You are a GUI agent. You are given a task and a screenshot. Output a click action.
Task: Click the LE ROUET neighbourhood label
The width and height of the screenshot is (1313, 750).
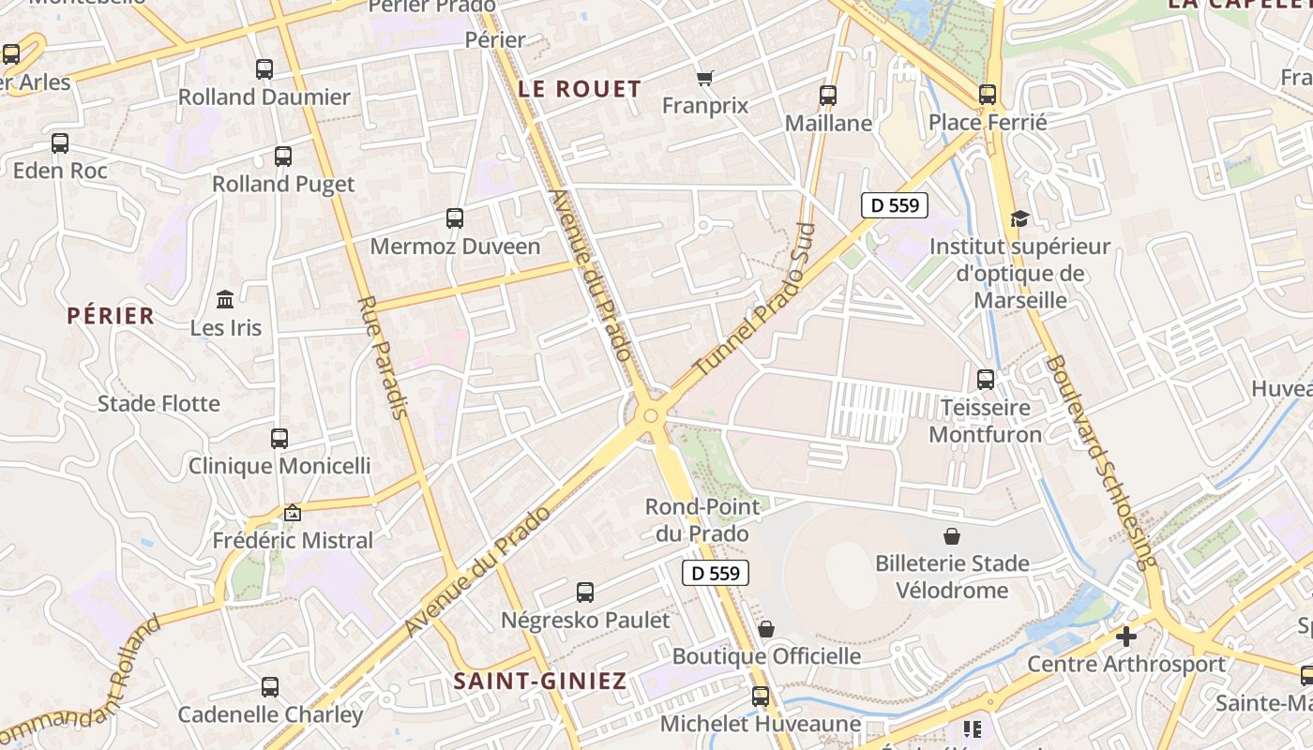tap(580, 89)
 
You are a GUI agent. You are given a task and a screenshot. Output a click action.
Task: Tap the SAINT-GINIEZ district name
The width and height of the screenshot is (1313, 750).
tap(540, 682)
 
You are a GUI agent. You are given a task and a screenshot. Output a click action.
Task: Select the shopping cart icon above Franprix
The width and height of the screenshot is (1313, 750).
tap(705, 78)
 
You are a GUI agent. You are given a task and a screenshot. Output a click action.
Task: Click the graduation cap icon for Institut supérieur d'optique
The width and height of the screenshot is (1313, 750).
tap(1019, 219)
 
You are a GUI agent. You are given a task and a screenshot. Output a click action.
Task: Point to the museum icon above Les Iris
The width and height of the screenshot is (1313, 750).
tap(225, 300)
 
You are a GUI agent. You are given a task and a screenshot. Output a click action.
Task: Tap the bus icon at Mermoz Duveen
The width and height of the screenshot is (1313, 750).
tap(455, 218)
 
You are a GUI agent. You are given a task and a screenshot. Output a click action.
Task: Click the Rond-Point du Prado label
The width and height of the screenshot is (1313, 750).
tap(696, 520)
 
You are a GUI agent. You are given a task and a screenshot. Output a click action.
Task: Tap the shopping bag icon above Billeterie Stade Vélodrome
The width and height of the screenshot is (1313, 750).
tap(952, 536)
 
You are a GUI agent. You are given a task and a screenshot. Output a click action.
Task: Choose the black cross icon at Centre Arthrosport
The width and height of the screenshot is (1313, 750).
tap(1125, 637)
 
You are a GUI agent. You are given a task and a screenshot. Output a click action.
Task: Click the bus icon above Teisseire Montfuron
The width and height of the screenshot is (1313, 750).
tap(986, 380)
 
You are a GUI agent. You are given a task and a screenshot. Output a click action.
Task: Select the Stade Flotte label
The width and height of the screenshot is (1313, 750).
tap(158, 404)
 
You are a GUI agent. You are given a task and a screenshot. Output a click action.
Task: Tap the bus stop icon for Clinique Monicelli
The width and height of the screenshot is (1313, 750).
tap(279, 438)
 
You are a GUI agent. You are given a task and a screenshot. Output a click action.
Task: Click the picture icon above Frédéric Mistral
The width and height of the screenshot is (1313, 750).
tap(293, 513)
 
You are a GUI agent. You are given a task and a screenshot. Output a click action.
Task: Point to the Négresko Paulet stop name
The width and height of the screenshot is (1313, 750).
tap(585, 621)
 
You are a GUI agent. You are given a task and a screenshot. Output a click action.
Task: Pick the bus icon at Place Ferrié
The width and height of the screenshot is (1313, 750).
tap(988, 94)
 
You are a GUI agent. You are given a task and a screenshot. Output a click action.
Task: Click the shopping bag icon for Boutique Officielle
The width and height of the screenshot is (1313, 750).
tap(766, 628)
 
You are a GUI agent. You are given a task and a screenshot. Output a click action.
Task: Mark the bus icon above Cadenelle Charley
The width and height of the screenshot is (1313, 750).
tap(270, 686)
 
